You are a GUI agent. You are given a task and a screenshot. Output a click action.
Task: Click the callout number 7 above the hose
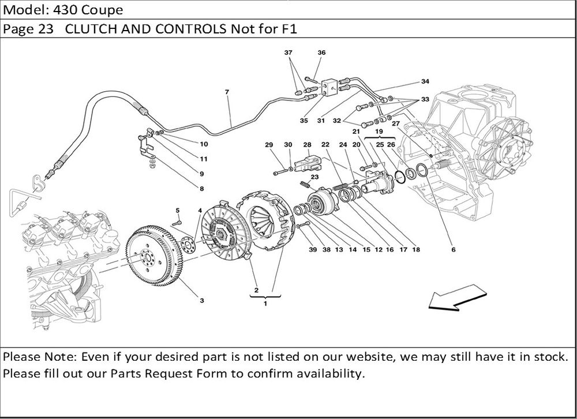click(227, 92)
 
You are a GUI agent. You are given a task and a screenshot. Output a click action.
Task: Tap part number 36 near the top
click(321, 53)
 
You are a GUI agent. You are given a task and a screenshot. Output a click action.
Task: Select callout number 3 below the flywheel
click(202, 300)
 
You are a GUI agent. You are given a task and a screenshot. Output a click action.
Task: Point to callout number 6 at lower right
click(454, 250)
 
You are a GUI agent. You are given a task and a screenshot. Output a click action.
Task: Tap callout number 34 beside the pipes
click(425, 81)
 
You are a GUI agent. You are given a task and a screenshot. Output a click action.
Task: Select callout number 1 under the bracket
click(265, 304)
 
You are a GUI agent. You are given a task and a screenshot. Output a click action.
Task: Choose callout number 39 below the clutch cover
click(312, 250)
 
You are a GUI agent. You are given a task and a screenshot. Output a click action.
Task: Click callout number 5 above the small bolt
click(178, 210)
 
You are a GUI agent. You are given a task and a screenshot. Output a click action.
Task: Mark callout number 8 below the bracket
click(202, 188)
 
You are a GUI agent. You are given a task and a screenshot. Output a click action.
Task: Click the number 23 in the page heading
click(46, 30)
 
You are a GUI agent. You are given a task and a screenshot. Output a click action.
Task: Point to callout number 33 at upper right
click(425, 100)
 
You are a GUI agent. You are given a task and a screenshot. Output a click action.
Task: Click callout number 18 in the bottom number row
click(416, 250)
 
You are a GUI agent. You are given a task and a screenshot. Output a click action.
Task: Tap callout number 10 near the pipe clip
click(204, 144)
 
